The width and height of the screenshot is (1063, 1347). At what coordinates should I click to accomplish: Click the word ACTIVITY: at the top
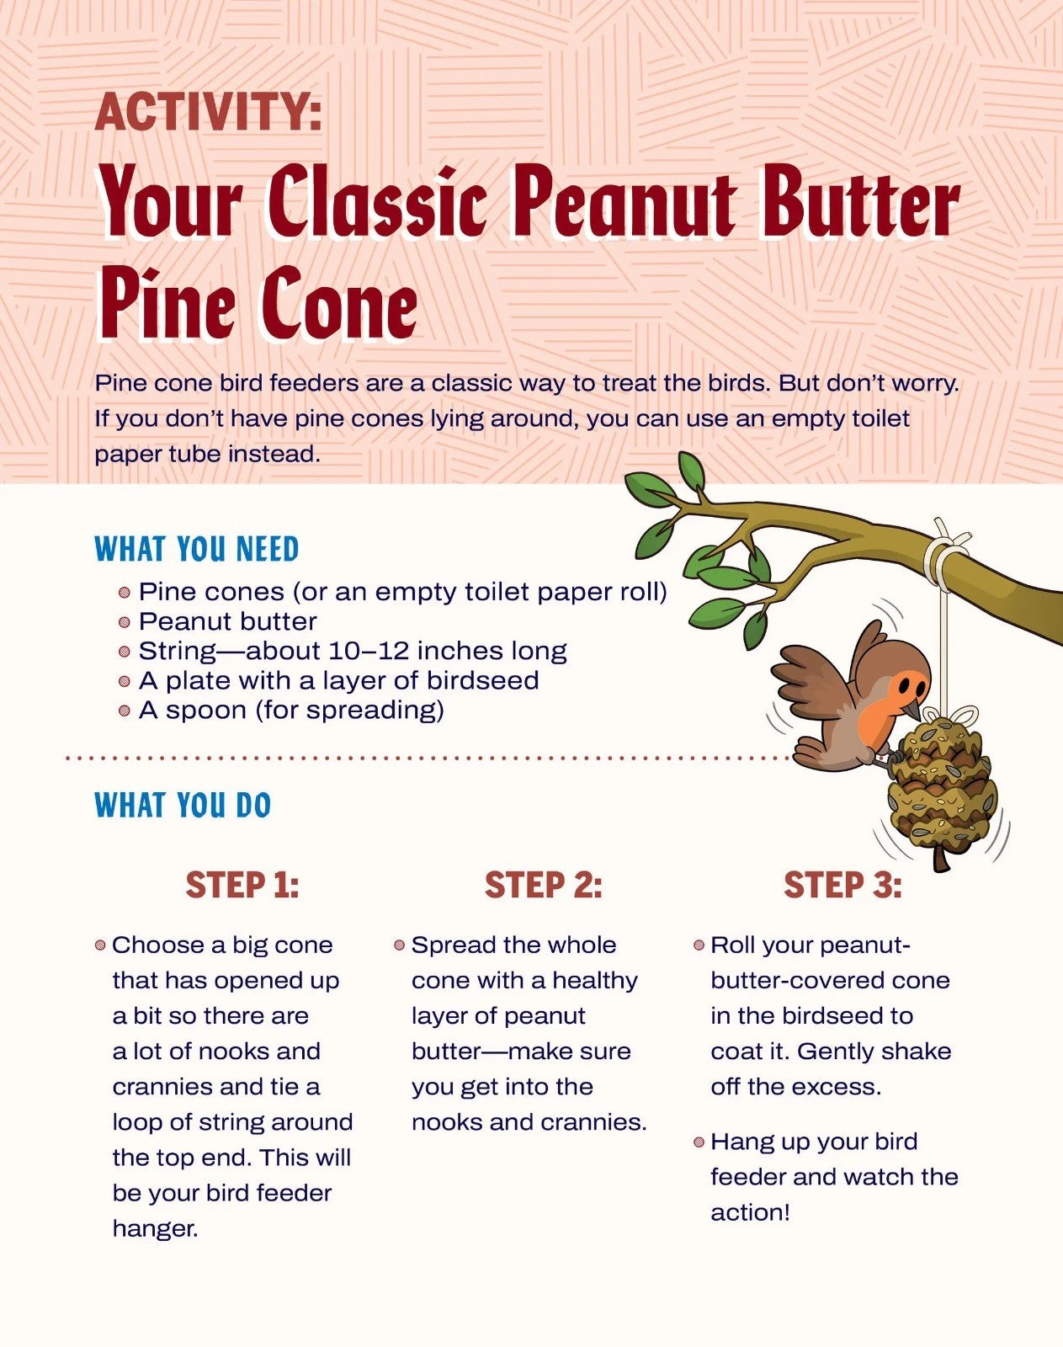tap(208, 112)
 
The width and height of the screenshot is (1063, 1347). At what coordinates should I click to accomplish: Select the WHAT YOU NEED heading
tap(197, 549)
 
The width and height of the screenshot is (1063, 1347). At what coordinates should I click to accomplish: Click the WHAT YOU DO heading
tap(183, 805)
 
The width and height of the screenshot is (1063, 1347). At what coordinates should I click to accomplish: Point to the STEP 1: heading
tap(242, 886)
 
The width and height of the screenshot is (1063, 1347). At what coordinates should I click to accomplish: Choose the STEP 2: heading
tap(543, 886)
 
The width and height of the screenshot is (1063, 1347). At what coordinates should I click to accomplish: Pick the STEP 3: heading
tap(842, 886)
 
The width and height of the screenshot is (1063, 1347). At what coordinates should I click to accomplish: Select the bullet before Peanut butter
tap(125, 622)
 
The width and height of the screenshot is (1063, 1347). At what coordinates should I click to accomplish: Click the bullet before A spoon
tap(125, 711)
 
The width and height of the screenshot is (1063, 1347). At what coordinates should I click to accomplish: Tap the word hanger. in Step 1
tap(155, 1229)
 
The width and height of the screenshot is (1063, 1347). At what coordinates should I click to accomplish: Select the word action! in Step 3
tap(750, 1213)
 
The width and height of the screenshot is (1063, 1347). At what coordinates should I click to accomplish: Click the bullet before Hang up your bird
tap(699, 1142)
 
